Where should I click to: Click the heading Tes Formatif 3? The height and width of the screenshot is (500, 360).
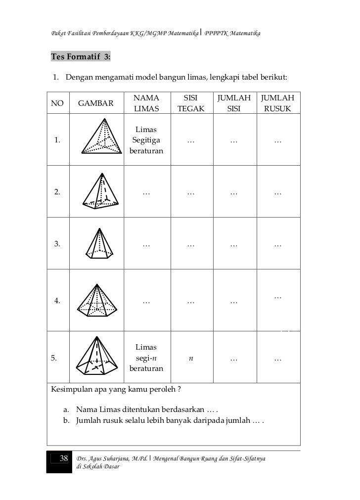click(x=81, y=57)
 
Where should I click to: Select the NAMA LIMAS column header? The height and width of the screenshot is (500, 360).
click(x=146, y=103)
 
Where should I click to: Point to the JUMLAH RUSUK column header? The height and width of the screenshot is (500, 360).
click(x=277, y=103)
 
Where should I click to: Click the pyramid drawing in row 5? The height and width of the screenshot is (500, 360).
click(x=99, y=355)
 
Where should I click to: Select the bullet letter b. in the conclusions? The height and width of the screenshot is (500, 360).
click(x=66, y=421)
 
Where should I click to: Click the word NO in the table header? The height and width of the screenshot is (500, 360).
click(x=57, y=103)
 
